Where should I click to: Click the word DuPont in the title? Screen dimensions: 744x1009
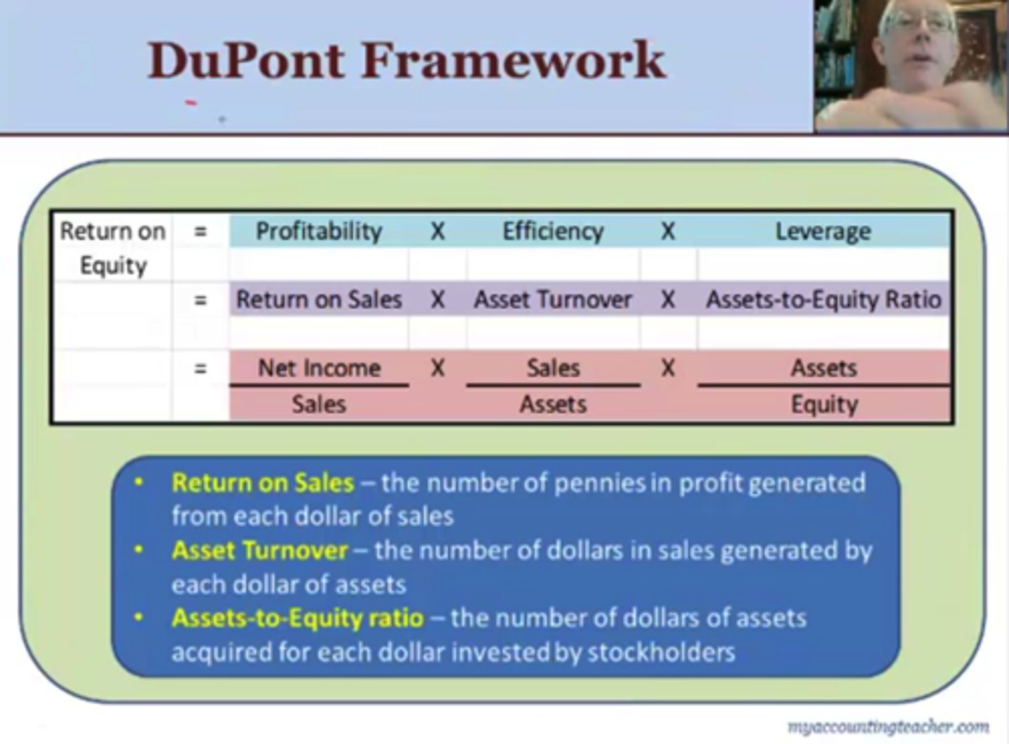click(246, 60)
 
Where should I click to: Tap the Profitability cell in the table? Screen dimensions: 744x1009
click(319, 231)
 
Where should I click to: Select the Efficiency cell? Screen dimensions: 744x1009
click(553, 231)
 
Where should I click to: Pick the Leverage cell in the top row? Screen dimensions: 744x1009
click(823, 231)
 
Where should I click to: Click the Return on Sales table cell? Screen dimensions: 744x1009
click(319, 300)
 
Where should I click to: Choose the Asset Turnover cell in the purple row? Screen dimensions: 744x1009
click(553, 300)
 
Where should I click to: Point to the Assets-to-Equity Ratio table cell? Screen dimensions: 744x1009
click(823, 300)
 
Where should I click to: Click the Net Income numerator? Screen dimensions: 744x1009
click(319, 368)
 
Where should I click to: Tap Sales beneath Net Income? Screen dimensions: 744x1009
click(319, 404)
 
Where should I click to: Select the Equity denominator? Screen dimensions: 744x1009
click(824, 404)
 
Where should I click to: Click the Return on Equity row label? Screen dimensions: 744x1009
click(113, 248)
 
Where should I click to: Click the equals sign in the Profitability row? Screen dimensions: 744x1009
click(200, 231)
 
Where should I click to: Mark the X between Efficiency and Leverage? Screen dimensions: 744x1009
click(668, 231)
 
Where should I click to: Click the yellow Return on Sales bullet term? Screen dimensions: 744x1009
click(263, 483)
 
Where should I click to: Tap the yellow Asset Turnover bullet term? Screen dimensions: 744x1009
click(259, 551)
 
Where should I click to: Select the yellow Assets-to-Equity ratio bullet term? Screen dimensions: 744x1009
click(298, 618)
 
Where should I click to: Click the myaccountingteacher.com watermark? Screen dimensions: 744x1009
click(888, 726)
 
